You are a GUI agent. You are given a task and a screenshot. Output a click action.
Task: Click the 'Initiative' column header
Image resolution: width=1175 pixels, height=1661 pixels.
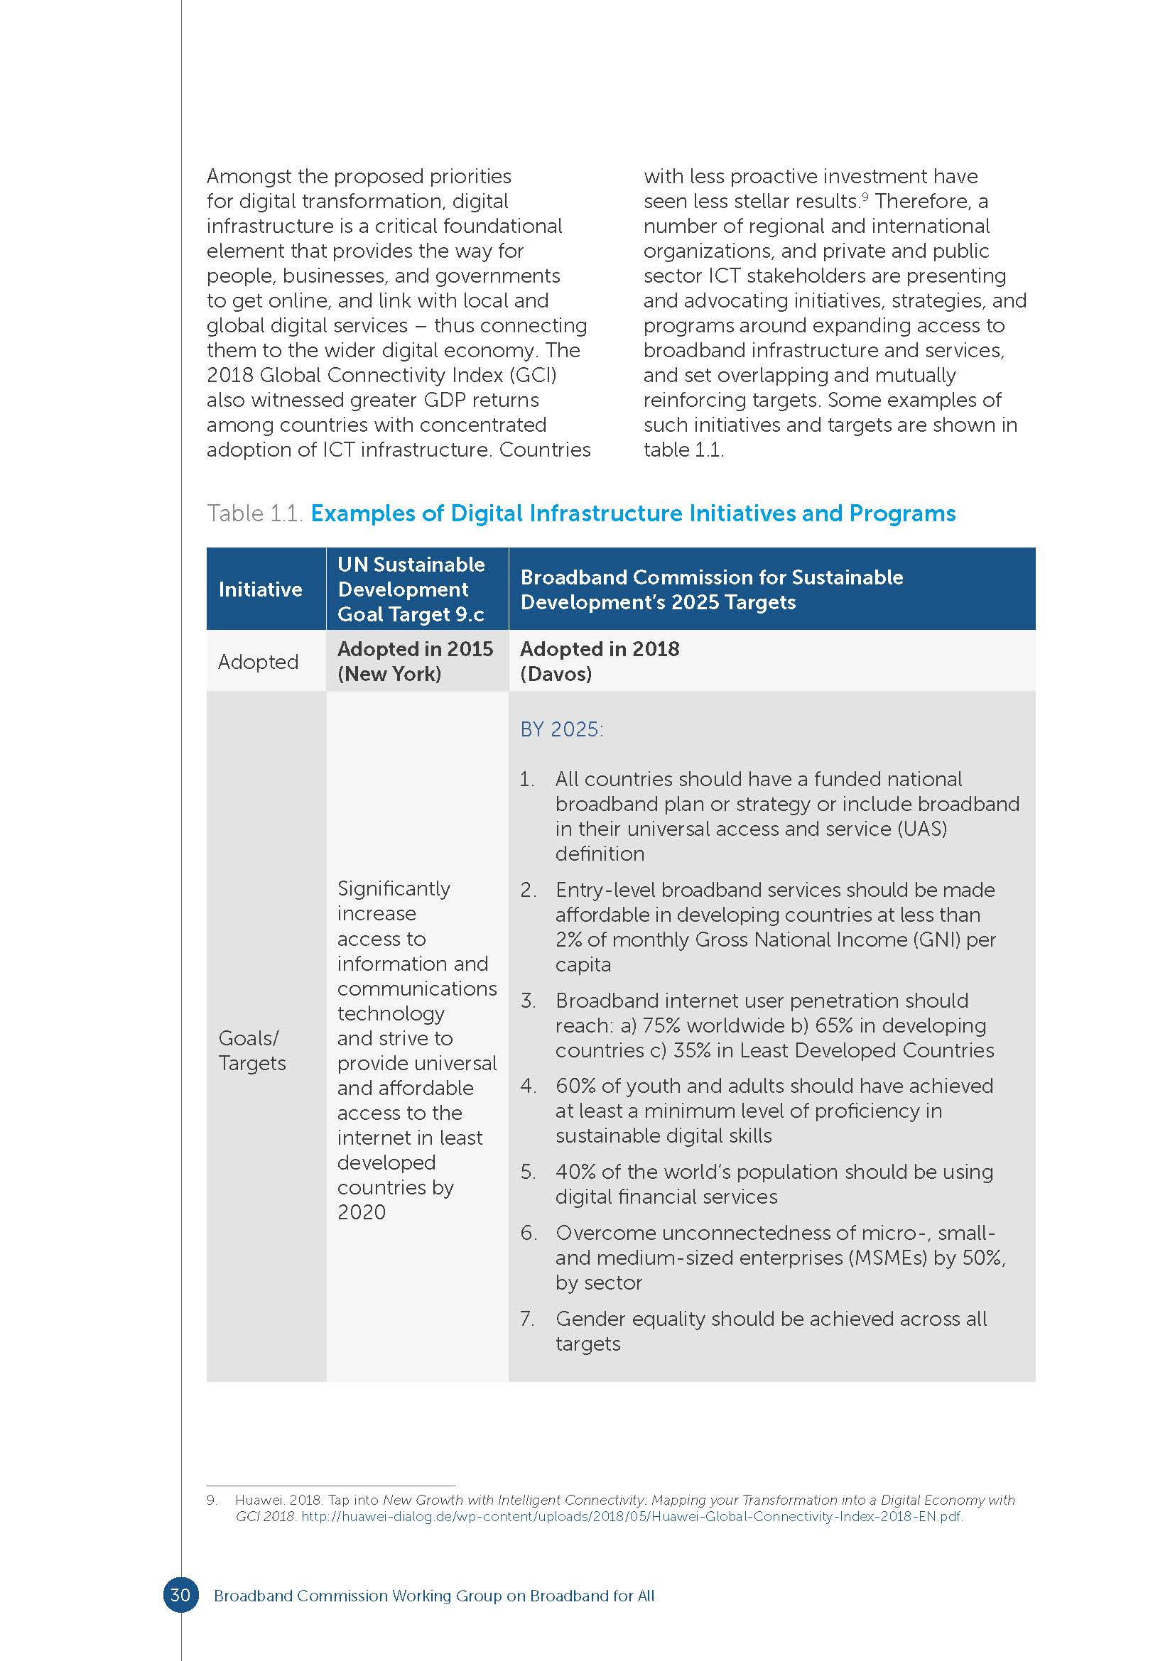(x=260, y=589)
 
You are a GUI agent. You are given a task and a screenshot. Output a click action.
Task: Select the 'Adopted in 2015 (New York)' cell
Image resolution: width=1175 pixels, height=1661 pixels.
(x=416, y=661)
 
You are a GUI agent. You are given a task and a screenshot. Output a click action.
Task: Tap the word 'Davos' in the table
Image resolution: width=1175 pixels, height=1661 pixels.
(x=556, y=674)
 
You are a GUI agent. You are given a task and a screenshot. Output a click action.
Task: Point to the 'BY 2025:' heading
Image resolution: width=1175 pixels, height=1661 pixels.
(x=561, y=729)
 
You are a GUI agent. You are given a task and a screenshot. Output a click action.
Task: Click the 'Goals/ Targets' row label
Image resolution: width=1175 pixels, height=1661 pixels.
(x=251, y=1050)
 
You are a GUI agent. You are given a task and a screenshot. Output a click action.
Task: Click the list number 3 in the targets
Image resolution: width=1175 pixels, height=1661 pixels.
(x=527, y=1001)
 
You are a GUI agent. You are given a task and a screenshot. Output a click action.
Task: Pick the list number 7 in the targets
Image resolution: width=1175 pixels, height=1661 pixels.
(x=527, y=1318)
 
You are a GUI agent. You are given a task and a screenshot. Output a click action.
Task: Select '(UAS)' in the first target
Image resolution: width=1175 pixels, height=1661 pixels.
(x=922, y=828)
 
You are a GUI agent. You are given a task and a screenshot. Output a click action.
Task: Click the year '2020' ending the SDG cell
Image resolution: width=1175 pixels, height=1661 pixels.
(x=361, y=1211)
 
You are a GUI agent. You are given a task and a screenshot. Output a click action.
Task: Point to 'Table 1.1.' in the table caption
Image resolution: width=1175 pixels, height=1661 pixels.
(x=254, y=513)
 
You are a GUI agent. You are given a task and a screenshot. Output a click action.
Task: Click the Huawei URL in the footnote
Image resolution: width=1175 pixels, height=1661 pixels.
(x=632, y=1516)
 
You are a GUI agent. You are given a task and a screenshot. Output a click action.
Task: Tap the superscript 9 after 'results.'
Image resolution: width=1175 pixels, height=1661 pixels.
(x=865, y=196)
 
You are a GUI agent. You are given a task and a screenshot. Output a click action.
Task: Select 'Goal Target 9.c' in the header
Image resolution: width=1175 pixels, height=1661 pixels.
(x=410, y=614)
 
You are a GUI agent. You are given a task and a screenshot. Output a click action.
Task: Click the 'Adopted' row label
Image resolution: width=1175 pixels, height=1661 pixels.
(x=258, y=661)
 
